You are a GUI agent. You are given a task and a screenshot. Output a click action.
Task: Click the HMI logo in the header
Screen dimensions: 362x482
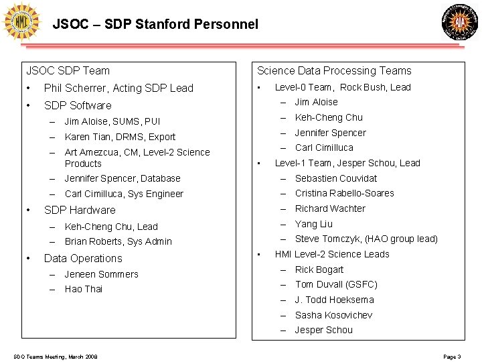coord(21,21)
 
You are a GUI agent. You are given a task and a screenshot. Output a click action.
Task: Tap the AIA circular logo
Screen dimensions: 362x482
coord(461,21)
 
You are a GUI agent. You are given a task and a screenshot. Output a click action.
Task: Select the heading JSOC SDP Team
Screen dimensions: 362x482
coord(68,70)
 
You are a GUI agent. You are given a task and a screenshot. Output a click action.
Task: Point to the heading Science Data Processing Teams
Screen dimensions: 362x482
coord(334,70)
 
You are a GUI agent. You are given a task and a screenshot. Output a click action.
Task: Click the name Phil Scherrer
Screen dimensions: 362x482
coord(75,88)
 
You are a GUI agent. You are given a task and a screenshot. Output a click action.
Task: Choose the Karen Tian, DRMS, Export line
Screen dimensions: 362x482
coord(120,137)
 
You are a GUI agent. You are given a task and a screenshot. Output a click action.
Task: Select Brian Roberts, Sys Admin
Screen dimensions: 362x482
coord(118,241)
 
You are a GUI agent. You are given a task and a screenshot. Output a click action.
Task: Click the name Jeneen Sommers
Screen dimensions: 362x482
coord(101,274)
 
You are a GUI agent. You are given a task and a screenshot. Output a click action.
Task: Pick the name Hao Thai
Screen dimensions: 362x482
coord(84,289)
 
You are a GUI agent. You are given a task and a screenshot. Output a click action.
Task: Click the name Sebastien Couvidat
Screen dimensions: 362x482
coord(336,178)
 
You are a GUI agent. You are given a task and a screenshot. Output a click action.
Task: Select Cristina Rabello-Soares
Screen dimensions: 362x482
coord(345,193)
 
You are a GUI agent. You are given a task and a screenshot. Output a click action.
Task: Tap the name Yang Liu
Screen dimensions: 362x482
coord(314,224)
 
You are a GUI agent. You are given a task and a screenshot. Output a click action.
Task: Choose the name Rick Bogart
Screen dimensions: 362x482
coord(319,269)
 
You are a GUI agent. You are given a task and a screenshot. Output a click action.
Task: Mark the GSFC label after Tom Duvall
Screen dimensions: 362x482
coord(361,284)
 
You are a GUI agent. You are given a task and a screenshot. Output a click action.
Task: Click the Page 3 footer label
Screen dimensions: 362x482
coord(452,356)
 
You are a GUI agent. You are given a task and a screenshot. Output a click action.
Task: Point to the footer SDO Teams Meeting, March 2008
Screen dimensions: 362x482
coord(55,356)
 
